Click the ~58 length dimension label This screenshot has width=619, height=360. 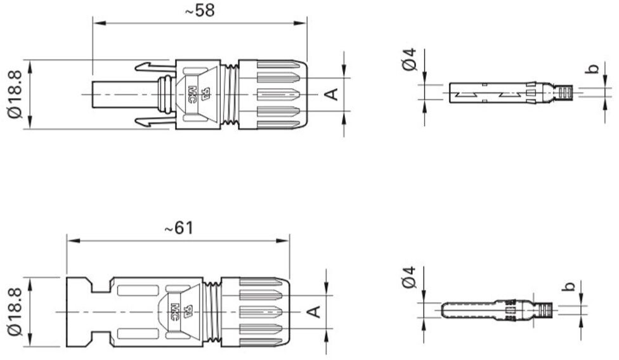click(200, 11)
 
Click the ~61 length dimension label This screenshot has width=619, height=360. click(179, 228)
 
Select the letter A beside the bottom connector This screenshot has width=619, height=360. click(314, 312)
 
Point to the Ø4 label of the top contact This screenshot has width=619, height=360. click(410, 59)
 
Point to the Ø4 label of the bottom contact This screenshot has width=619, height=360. click(410, 277)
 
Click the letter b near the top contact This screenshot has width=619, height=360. click(592, 68)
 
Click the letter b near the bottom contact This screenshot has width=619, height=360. click(570, 285)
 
